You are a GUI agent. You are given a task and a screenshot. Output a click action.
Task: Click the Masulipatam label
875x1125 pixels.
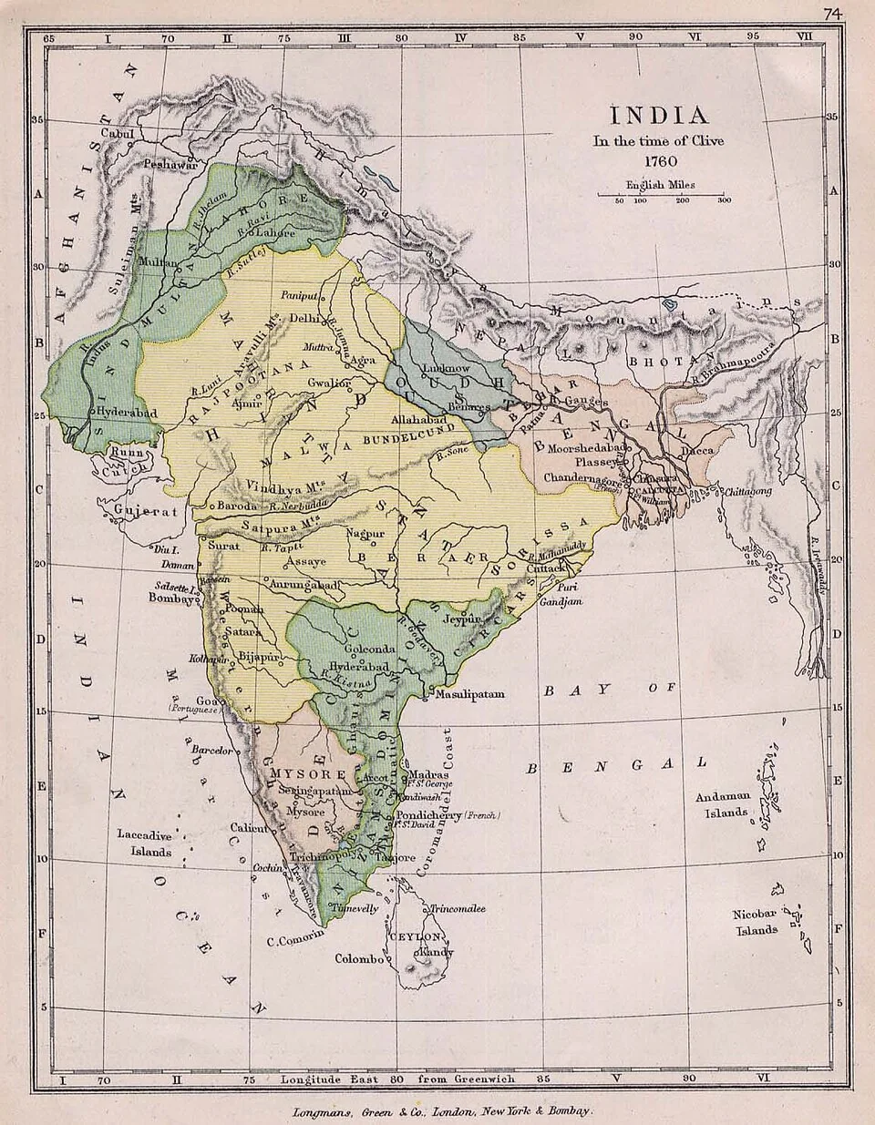point(469,694)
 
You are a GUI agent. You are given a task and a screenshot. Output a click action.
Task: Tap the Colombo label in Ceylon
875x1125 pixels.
point(361,958)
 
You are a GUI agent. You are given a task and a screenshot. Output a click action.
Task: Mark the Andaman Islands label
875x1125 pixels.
point(722,803)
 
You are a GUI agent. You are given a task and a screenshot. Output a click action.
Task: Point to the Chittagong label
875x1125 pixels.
point(747,491)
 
